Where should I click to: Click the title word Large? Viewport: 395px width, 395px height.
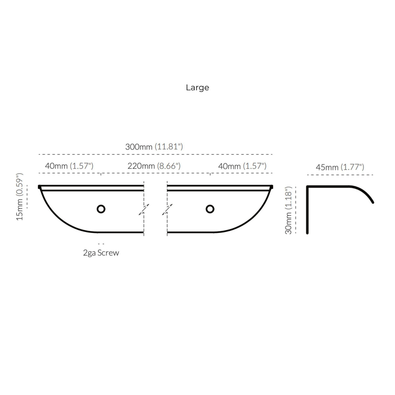(197, 88)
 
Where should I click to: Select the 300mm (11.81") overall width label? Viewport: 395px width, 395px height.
(154, 147)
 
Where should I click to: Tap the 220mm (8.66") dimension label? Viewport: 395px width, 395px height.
(154, 166)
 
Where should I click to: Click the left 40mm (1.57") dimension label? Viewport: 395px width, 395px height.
(69, 166)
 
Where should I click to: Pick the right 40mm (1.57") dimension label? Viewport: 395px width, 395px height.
(242, 166)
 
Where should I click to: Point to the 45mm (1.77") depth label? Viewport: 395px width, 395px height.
(340, 167)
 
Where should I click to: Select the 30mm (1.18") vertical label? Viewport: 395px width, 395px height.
(288, 210)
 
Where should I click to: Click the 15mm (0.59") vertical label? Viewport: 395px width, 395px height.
(20, 197)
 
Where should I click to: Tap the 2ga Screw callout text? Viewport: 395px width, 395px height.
(101, 253)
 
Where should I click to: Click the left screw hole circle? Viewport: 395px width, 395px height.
(101, 209)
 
